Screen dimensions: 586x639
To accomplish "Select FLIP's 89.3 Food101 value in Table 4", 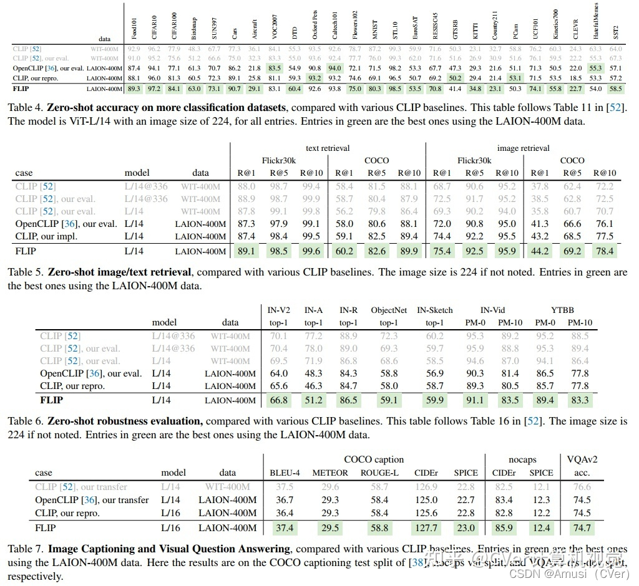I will click(x=134, y=89).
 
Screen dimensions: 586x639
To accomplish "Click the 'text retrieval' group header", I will click(x=328, y=148).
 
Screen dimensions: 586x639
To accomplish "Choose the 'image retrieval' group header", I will click(x=523, y=148).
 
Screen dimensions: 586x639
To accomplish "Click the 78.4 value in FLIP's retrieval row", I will click(x=603, y=251).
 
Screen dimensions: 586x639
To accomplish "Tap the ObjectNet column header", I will click(x=388, y=310).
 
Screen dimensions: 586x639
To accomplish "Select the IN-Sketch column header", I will click(x=435, y=310).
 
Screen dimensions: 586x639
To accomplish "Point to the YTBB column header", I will click(x=562, y=310).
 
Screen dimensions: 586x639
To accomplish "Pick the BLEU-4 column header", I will click(x=284, y=473).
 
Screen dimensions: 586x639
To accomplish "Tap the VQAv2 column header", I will click(x=582, y=460).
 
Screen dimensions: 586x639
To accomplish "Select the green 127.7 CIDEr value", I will click(x=426, y=528).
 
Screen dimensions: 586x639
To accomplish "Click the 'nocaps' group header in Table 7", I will click(x=522, y=460).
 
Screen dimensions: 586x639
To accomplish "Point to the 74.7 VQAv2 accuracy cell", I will click(x=582, y=528).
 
